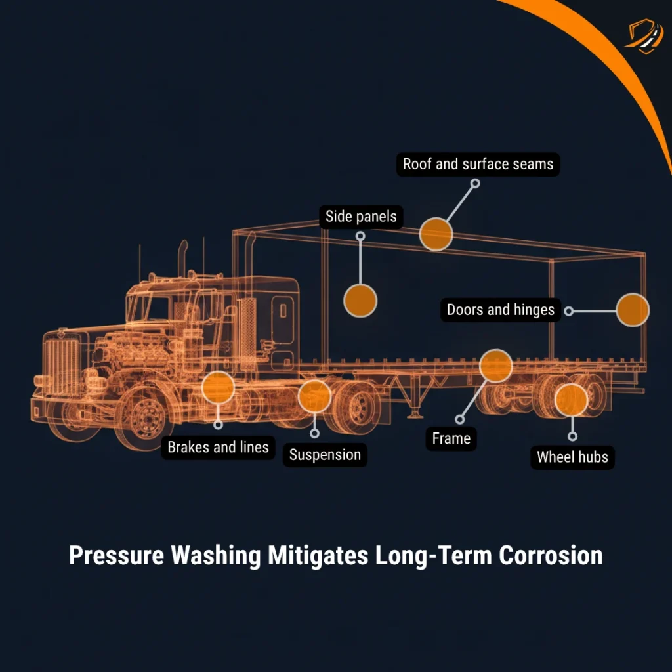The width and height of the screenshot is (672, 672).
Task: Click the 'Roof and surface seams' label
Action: [x=478, y=164]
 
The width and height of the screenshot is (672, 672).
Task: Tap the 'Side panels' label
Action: [x=361, y=217]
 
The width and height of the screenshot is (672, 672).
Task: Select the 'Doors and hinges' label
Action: [x=500, y=310]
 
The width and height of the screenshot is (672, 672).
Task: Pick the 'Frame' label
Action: [x=451, y=438]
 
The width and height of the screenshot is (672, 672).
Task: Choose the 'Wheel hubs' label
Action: [x=572, y=457]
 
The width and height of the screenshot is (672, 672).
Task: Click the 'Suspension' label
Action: [x=325, y=455]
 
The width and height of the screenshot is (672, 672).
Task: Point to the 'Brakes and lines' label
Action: [x=218, y=448]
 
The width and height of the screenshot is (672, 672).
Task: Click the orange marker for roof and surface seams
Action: [x=436, y=234]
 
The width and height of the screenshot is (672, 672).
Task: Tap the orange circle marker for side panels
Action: [x=360, y=301]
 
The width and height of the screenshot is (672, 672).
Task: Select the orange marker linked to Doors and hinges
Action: [x=633, y=310]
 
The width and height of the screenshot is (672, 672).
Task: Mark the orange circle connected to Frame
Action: [x=495, y=366]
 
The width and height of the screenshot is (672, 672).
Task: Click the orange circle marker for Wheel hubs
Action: [x=571, y=400]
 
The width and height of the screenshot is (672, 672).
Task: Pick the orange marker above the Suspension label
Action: [x=314, y=396]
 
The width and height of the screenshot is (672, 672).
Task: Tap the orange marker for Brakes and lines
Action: [x=218, y=388]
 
